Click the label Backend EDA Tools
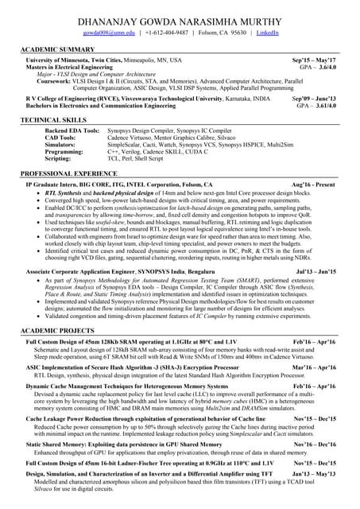pyautogui.click(x=72, y=130)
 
